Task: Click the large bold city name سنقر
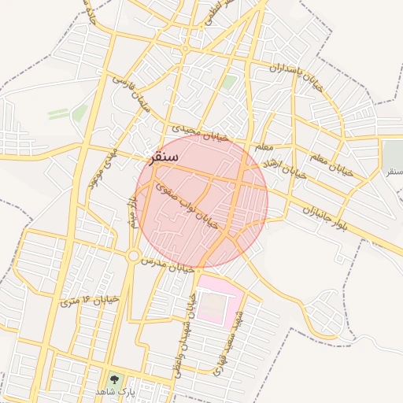pyautogui.click(x=168, y=157)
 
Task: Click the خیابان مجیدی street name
pyautogui.click(x=200, y=132)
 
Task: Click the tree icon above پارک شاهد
pyautogui.click(x=115, y=379)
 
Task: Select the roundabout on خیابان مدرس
pyautogui.click(x=134, y=256)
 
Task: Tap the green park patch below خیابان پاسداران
pyautogui.click(x=228, y=82)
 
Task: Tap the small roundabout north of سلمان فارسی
pyautogui.click(x=185, y=48)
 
